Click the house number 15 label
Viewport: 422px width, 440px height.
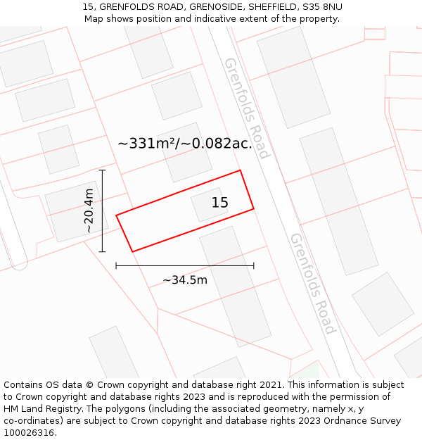click(220, 203)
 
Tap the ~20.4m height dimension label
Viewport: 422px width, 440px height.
click(89, 210)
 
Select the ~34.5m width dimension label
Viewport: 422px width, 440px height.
click(185, 280)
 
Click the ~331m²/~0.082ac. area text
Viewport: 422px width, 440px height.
click(185, 144)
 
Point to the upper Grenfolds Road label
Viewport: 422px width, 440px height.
click(247, 108)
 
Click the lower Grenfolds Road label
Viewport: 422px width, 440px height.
click(313, 283)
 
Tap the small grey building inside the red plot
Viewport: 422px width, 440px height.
click(209, 204)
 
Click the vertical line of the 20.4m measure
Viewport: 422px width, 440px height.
click(103, 210)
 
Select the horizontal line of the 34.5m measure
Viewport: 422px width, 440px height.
click(185, 265)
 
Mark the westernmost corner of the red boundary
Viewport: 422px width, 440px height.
click(117, 215)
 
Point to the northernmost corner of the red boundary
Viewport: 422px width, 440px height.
click(241, 170)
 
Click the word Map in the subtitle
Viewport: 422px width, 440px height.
click(94, 19)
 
